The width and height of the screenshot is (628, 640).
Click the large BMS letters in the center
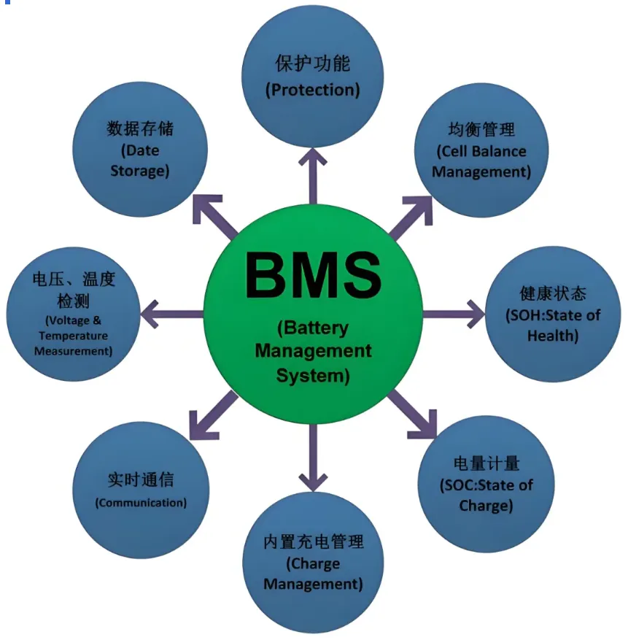pos(313,275)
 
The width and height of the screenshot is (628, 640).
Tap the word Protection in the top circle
pos(313,90)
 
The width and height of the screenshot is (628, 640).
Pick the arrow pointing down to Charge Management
pos(313,455)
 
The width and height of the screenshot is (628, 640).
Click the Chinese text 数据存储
pos(140,129)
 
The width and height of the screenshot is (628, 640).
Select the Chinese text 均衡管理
pos(481,130)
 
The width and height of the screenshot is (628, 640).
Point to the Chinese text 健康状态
pos(553,294)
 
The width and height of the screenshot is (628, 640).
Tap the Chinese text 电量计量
pos(486,463)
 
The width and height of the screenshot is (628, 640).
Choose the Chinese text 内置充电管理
pos(313,542)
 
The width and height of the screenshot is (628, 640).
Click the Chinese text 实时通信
pos(141,481)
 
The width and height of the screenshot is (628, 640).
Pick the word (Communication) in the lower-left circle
pos(141,503)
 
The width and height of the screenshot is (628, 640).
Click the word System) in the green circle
pos(313,377)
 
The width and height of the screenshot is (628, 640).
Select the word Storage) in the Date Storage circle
pos(140,171)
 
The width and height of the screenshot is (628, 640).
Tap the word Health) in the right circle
pos(553,336)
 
